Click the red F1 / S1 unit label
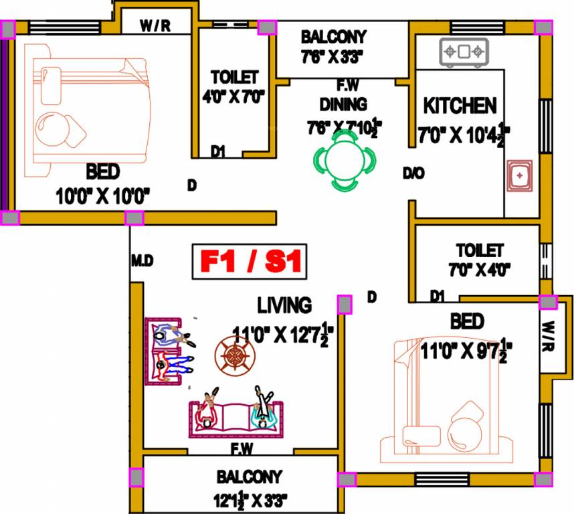(250, 262)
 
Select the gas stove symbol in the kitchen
(464, 52)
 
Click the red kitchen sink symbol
(519, 176)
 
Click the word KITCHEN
(460, 106)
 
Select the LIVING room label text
(284, 305)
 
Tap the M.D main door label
(142, 261)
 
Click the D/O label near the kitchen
(413, 173)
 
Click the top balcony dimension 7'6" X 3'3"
(334, 57)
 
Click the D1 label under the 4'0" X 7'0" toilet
(217, 152)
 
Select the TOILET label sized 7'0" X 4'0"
(480, 251)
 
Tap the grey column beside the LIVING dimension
(345, 305)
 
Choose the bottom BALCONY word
(249, 477)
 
